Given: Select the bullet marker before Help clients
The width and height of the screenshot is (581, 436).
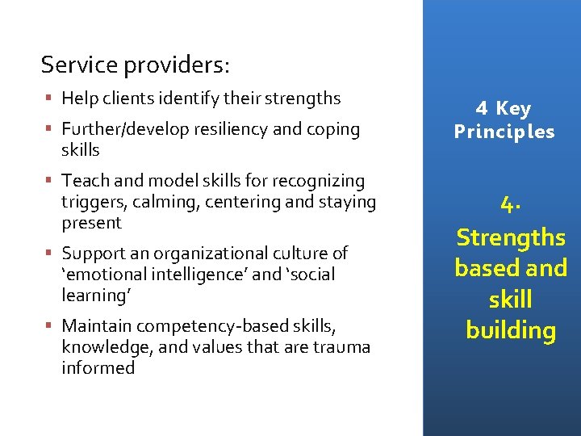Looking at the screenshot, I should coord(49,99).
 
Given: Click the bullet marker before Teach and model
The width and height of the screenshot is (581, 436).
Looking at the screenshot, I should coord(49,181).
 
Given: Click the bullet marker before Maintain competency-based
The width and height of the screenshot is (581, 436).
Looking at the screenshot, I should coord(49,326).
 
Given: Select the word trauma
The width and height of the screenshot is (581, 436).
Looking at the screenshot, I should coord(340,347).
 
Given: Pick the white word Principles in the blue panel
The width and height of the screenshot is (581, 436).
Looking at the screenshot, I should coord(504,132).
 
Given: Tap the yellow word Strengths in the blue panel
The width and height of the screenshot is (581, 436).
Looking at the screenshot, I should coord(511,237).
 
